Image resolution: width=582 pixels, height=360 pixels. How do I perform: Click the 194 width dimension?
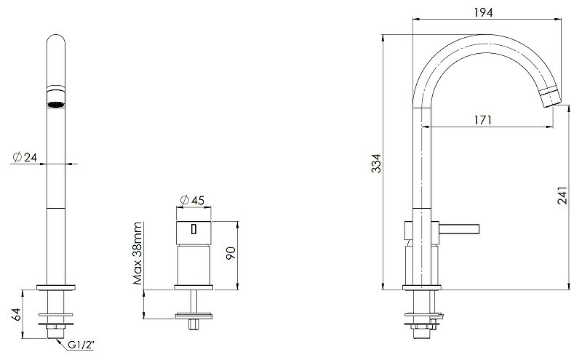click(x=483, y=12)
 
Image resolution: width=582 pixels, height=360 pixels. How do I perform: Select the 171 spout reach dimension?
click(x=483, y=120)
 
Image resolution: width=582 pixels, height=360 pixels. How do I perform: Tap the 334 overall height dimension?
click(x=376, y=164)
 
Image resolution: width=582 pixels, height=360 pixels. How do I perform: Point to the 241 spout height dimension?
click(x=562, y=195)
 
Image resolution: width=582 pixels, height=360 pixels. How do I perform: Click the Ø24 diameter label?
click(x=25, y=157)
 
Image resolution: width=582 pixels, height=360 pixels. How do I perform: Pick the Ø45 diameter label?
click(x=192, y=201)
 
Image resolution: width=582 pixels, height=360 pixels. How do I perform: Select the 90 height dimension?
click(x=231, y=253)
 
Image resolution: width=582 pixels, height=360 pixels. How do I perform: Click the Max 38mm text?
click(x=137, y=254)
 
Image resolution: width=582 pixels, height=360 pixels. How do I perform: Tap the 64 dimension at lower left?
click(x=16, y=314)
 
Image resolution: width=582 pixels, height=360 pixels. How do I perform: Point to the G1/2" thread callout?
click(x=81, y=345)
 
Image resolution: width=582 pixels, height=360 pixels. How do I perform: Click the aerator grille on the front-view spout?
click(x=56, y=104)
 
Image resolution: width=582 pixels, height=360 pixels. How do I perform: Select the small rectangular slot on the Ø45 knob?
click(x=194, y=229)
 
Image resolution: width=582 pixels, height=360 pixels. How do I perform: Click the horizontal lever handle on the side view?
click(x=459, y=229)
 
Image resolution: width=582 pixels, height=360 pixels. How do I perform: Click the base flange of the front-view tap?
click(x=56, y=287)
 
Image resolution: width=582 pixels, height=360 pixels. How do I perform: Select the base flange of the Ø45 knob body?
click(x=194, y=287)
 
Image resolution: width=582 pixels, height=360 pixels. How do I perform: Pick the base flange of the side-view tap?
click(x=422, y=287)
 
